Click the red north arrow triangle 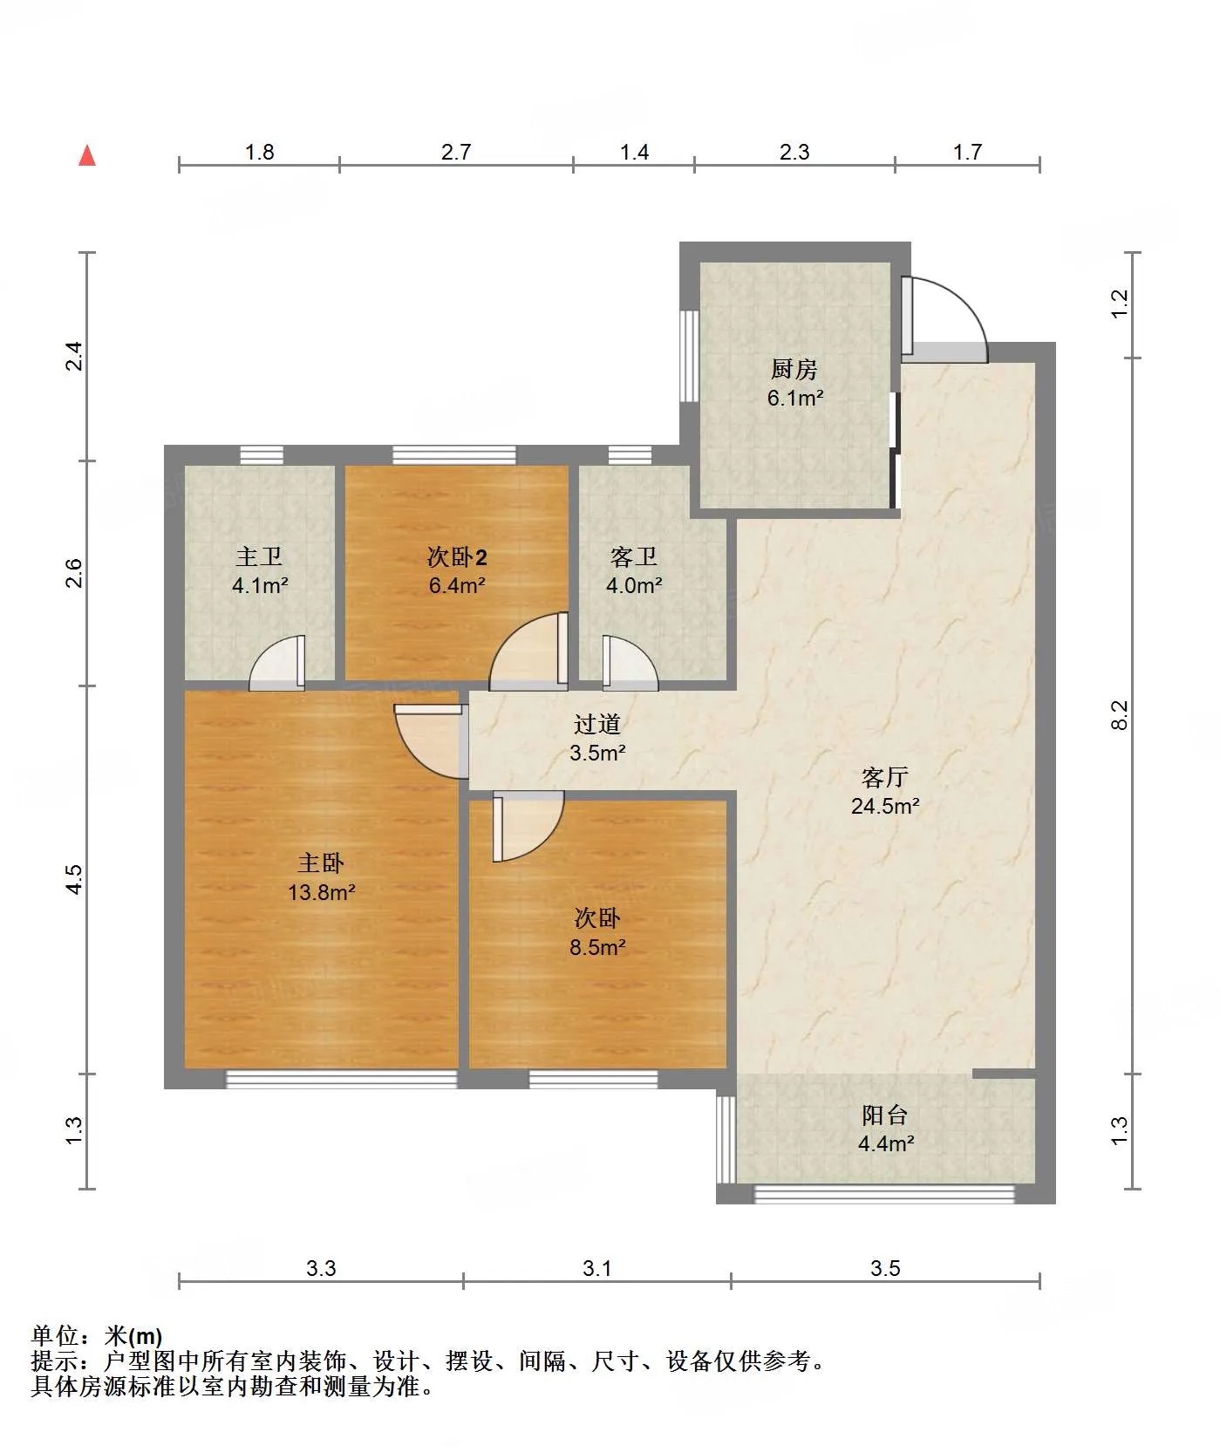click(87, 155)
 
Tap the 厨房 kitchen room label click(794, 370)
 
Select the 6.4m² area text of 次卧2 click(456, 585)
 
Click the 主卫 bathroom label click(259, 556)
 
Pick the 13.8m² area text click(321, 892)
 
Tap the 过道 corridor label click(597, 724)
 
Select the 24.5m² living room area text click(885, 806)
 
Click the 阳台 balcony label click(885, 1115)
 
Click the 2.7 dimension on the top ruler click(455, 153)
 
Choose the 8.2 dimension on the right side click(1121, 715)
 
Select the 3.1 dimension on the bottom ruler click(597, 1268)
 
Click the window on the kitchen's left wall click(689, 356)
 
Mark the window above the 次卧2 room click(454, 454)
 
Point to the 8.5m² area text click(597, 947)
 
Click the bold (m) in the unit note click(145, 1336)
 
